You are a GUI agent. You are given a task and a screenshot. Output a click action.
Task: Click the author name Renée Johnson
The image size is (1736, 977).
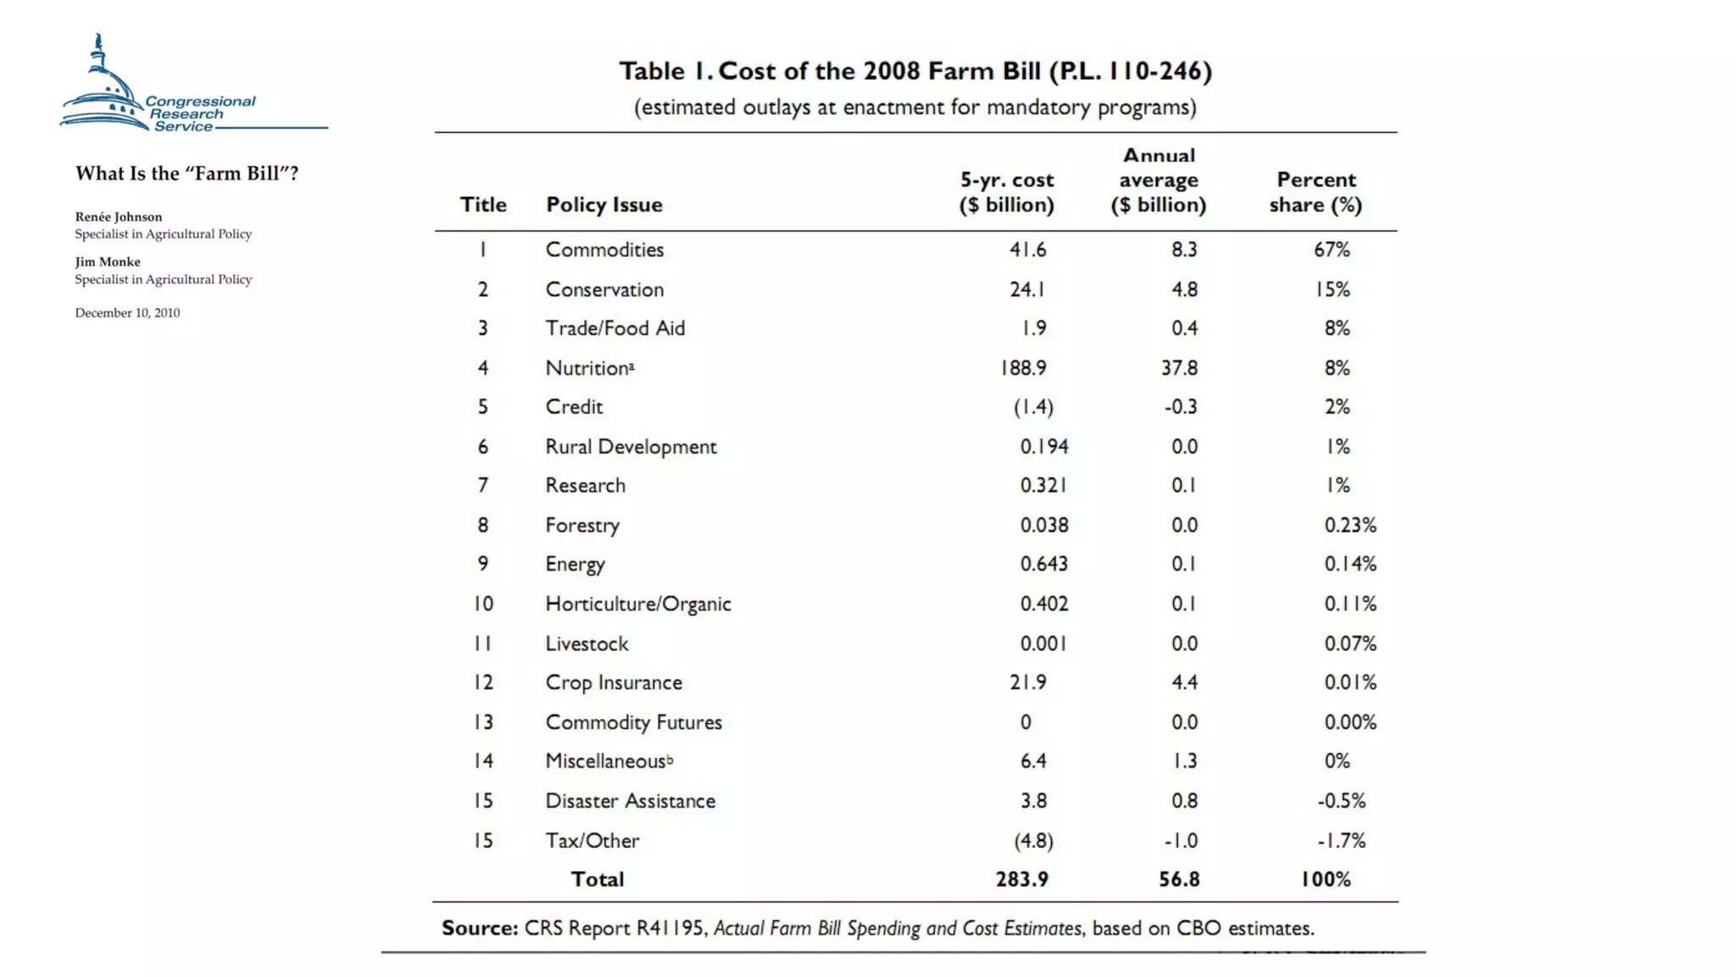point(119,217)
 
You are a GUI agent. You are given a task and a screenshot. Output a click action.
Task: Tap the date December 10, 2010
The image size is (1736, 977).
point(127,313)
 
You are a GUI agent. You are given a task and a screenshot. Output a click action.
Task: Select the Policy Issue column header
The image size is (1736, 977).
point(604,204)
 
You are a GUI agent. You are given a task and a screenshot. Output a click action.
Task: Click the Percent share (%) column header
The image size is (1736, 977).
point(1316,193)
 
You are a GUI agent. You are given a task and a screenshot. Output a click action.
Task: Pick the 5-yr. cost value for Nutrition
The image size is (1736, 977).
point(1023,368)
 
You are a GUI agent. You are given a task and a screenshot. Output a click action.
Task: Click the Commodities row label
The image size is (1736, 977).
point(604,250)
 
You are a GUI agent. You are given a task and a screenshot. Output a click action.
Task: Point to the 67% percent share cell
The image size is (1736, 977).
point(1332,250)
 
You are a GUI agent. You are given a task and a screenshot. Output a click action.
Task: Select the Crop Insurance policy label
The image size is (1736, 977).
point(614,683)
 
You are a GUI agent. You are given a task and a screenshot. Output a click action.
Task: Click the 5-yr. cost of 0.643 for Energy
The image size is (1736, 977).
point(1043,564)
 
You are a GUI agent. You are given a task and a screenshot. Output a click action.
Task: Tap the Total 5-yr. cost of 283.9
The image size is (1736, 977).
point(1021,879)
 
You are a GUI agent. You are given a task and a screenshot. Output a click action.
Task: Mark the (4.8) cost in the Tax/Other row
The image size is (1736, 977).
point(1033,840)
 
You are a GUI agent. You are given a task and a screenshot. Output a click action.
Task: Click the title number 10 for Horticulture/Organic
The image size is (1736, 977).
point(483,604)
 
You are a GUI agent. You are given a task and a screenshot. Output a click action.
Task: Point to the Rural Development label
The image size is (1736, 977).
point(631,447)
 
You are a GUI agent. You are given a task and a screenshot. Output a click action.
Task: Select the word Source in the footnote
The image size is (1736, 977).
point(479,929)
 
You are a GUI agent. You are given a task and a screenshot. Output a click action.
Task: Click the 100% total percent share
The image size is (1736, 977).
point(1326,879)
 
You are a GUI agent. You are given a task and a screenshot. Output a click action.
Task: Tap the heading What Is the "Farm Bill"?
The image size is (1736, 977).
point(186,174)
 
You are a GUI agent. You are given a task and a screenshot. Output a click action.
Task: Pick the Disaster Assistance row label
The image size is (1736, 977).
point(630,801)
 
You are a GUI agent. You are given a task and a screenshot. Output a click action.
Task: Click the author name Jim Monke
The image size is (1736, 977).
point(108,262)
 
